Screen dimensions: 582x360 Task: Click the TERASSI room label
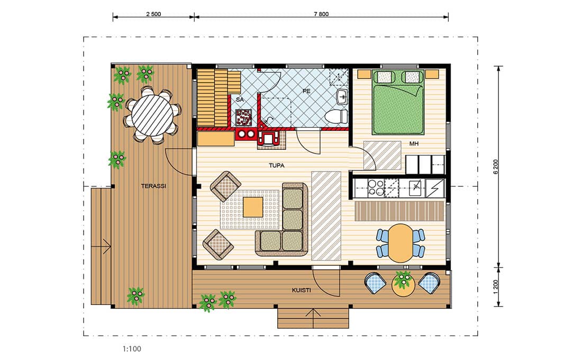[153, 186]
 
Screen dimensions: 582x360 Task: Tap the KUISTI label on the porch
[301, 290]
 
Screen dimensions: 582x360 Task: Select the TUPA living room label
[277, 165]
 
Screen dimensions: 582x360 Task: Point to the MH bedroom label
[414, 143]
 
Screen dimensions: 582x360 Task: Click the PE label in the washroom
[306, 91]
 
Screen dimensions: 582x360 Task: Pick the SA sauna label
[240, 100]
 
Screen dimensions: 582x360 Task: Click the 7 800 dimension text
[321, 14]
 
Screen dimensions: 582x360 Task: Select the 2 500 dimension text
[153, 14]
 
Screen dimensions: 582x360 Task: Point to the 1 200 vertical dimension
[496, 287]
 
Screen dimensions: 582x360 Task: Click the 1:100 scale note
[132, 349]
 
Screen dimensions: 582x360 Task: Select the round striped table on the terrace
[152, 115]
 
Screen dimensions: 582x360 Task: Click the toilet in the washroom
[337, 116]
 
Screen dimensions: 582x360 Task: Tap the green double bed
[398, 102]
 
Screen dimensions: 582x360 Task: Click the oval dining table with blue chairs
[400, 243]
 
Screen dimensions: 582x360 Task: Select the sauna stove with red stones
[244, 117]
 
